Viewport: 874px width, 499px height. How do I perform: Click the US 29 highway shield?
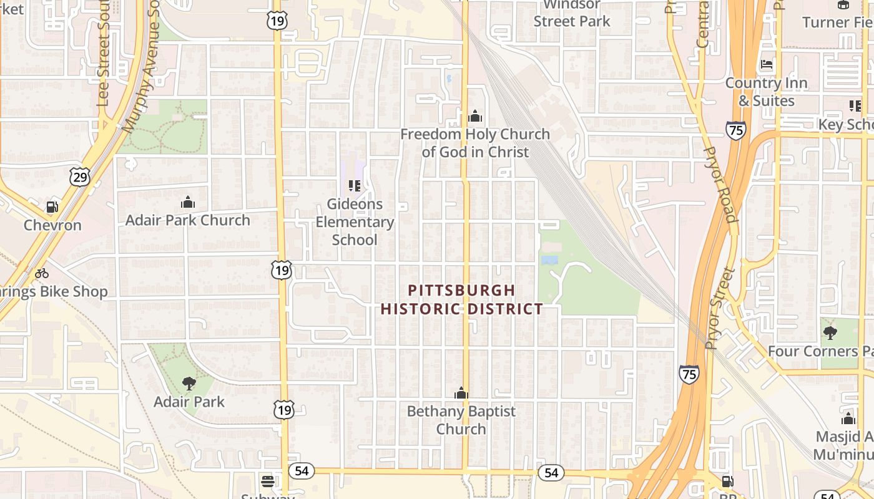tap(80, 177)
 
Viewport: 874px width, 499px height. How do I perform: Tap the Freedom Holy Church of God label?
tap(475, 143)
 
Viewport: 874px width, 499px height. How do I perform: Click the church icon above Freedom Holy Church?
tap(475, 117)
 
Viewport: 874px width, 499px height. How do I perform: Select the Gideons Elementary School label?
tap(355, 221)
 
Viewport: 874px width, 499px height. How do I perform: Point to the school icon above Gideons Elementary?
tap(355, 185)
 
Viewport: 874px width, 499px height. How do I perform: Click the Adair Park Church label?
tap(188, 220)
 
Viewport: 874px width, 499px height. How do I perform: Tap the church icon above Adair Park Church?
tap(188, 202)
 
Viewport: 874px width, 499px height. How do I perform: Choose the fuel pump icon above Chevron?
tap(52, 207)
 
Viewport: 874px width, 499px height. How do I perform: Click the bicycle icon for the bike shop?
tap(42, 273)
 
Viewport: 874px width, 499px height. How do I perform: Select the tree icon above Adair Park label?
tap(189, 383)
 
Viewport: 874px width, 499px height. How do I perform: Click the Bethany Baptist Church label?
tap(461, 420)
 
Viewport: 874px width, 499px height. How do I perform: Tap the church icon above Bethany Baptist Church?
tap(461, 393)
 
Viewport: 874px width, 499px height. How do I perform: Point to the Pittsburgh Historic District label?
tap(462, 299)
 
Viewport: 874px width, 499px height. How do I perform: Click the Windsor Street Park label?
tap(572, 14)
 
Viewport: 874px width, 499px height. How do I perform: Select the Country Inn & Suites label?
tap(766, 92)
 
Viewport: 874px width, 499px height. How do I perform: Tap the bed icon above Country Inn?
tap(767, 64)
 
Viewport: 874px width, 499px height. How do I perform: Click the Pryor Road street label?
tap(720, 185)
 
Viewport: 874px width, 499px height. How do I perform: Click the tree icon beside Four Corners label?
tap(830, 332)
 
